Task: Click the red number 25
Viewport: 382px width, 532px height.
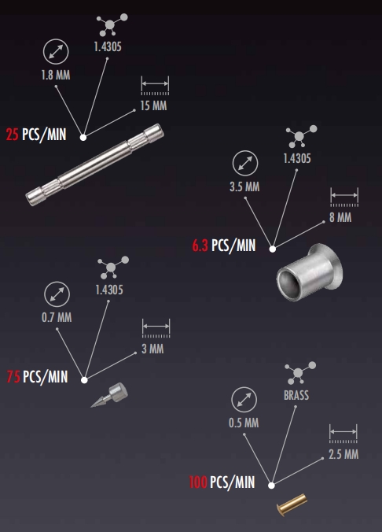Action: click(x=13, y=135)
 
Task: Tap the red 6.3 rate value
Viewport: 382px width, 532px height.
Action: click(x=200, y=246)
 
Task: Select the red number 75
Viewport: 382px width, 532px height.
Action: click(x=13, y=377)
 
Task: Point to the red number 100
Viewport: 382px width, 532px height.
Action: click(x=198, y=482)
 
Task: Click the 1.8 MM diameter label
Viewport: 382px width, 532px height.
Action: click(x=56, y=75)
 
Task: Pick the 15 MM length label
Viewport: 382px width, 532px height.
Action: click(x=153, y=105)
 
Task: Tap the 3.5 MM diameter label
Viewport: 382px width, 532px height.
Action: click(x=244, y=187)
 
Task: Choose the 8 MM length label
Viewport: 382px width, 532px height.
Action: click(x=340, y=217)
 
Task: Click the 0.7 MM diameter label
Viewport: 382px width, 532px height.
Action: click(x=57, y=318)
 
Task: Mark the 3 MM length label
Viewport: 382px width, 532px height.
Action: click(x=152, y=349)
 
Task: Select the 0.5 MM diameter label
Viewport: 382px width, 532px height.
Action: click(x=244, y=423)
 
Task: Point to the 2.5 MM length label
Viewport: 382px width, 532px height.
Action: click(x=343, y=454)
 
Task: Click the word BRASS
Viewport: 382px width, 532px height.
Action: click(x=296, y=395)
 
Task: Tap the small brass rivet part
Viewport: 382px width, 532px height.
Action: click(x=292, y=504)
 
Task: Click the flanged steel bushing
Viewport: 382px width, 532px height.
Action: click(x=309, y=272)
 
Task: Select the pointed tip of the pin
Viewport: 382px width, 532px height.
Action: click(x=91, y=406)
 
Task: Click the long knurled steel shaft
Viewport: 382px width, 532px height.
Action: click(x=94, y=164)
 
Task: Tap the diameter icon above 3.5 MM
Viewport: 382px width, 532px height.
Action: click(x=245, y=163)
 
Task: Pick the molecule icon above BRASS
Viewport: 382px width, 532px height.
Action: click(x=300, y=372)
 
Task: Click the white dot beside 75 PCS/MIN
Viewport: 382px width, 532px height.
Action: click(x=84, y=380)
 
